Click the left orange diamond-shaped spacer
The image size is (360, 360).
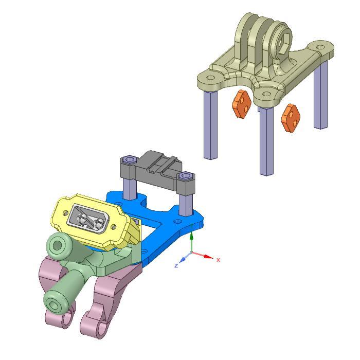[x=241, y=104]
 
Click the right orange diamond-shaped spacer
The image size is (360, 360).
[x=291, y=118]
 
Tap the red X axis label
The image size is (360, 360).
[x=218, y=260]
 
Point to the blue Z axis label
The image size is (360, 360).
[x=176, y=265]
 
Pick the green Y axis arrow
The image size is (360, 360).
[x=191, y=237]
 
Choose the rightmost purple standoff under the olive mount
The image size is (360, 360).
[x=321, y=95]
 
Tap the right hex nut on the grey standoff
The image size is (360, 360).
[x=185, y=177]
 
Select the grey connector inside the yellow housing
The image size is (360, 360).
[x=88, y=218]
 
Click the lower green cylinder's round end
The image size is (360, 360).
[x=53, y=302]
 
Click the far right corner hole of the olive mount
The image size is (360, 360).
[x=321, y=47]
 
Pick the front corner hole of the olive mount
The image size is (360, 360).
[x=266, y=94]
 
